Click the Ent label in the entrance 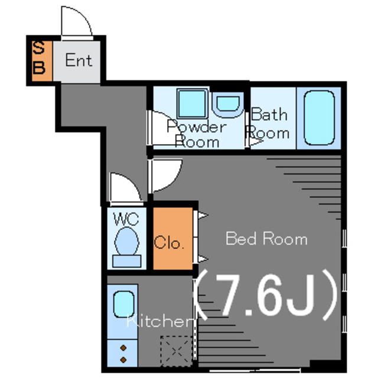79,60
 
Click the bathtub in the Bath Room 319,118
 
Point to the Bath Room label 268,123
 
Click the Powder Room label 197,133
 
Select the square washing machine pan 193,104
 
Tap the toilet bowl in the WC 127,241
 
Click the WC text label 126,219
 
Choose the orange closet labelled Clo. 173,238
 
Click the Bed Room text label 266,239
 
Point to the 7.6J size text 267,295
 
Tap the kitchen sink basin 123,304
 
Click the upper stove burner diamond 123,348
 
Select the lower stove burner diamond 123,360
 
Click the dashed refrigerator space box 177,351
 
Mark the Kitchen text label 159,321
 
